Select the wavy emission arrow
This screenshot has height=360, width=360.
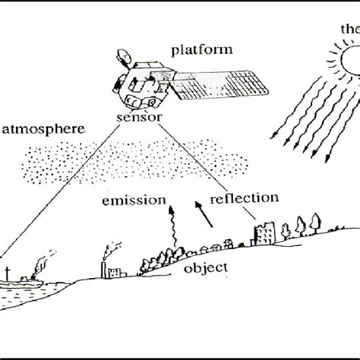point(172,224)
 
